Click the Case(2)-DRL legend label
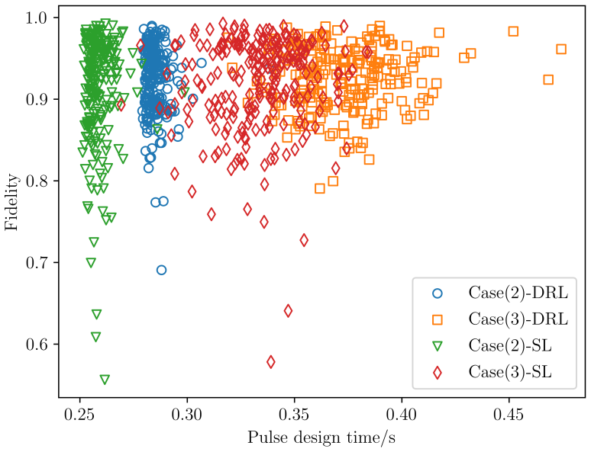pyautogui.click(x=518, y=293)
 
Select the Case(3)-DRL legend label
pyautogui.click(x=518, y=319)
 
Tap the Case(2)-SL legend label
pyautogui.click(x=510, y=345)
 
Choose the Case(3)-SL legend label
pyautogui.click(x=510, y=372)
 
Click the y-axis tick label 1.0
pyautogui.click(x=37, y=18)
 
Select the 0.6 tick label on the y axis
pyautogui.click(x=37, y=345)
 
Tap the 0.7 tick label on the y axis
pyautogui.click(x=37, y=263)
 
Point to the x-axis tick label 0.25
pyautogui.click(x=79, y=415)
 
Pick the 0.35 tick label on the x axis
pyautogui.click(x=295, y=415)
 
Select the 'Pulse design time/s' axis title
pyautogui.click(x=321, y=438)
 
